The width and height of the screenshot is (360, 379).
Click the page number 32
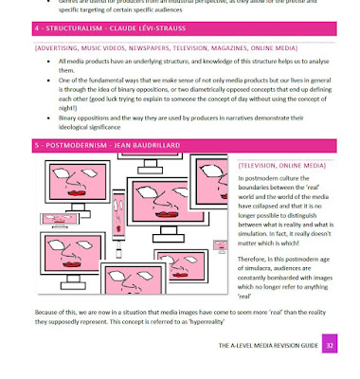[x=329, y=346]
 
